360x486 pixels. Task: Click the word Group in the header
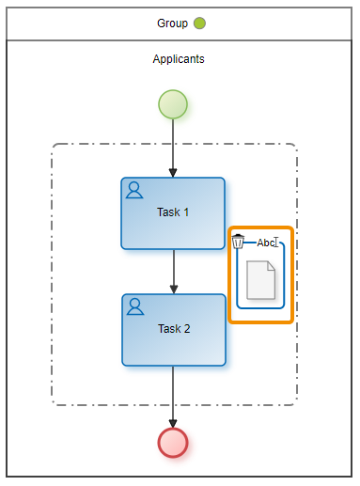pos(172,24)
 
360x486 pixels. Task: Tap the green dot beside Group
pos(199,24)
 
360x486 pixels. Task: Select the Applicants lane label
pos(179,59)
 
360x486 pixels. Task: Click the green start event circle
pos(173,104)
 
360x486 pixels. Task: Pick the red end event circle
pos(173,443)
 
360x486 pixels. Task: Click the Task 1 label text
pos(173,212)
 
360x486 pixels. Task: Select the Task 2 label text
pos(174,329)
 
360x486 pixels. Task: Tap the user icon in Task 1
pos(134,190)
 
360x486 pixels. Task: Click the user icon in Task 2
pos(135,306)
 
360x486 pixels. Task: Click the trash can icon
pos(238,242)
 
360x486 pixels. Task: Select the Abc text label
pos(266,243)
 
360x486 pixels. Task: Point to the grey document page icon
pos(261,280)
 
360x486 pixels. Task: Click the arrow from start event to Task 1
pos(173,149)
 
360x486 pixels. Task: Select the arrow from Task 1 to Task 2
pos(174,272)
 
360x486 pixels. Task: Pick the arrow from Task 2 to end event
pos(173,397)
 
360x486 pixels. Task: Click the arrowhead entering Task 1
pos(173,173)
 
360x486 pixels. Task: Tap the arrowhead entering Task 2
pos(174,290)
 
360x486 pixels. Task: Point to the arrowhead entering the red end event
pos(173,423)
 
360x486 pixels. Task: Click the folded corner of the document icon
pos(271,265)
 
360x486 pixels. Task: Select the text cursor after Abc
pos(276,242)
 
